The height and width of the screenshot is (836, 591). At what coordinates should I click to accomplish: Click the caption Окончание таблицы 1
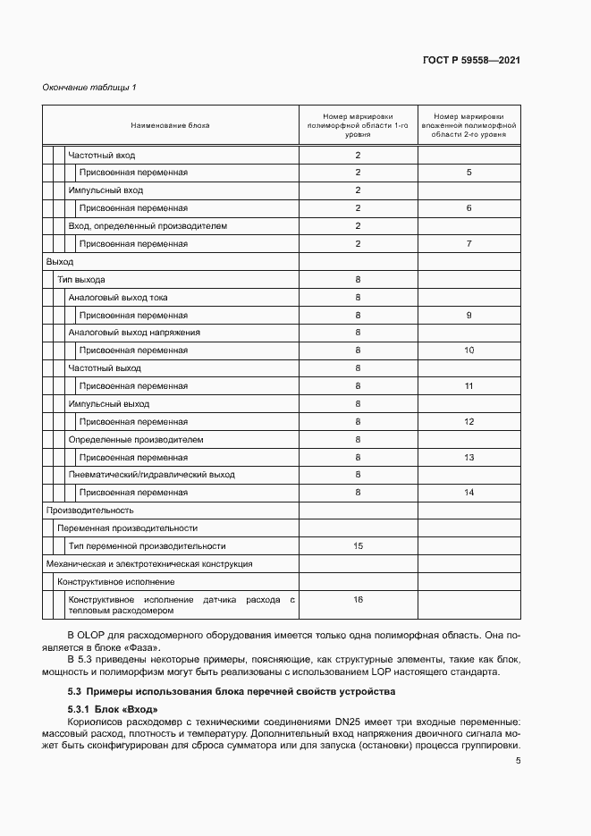pos(89,87)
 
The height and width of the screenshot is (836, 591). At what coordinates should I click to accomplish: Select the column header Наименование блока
pos(170,125)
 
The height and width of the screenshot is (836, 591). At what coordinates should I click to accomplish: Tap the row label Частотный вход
pos(102,155)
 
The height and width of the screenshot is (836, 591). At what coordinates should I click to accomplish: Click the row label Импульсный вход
pos(106,190)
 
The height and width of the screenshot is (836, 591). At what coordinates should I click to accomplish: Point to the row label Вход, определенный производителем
pos(148,226)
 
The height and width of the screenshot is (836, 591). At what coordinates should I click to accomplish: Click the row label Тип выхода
pos(81,279)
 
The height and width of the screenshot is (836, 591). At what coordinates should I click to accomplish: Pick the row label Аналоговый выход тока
pos(118,297)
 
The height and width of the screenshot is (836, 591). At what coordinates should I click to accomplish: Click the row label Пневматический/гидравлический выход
pos(152,475)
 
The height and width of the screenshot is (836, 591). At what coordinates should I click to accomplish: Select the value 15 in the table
pos(358,545)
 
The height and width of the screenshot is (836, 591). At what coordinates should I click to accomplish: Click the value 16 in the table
pos(358,600)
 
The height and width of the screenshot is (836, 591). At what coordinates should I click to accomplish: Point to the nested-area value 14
pos(469,493)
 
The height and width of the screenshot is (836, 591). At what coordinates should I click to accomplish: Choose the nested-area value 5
pos(469,173)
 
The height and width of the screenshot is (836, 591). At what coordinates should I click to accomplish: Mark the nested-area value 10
pos(469,350)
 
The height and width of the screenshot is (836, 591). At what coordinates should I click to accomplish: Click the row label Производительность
pos(89,511)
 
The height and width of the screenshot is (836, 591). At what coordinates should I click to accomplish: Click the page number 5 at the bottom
pos(518,761)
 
